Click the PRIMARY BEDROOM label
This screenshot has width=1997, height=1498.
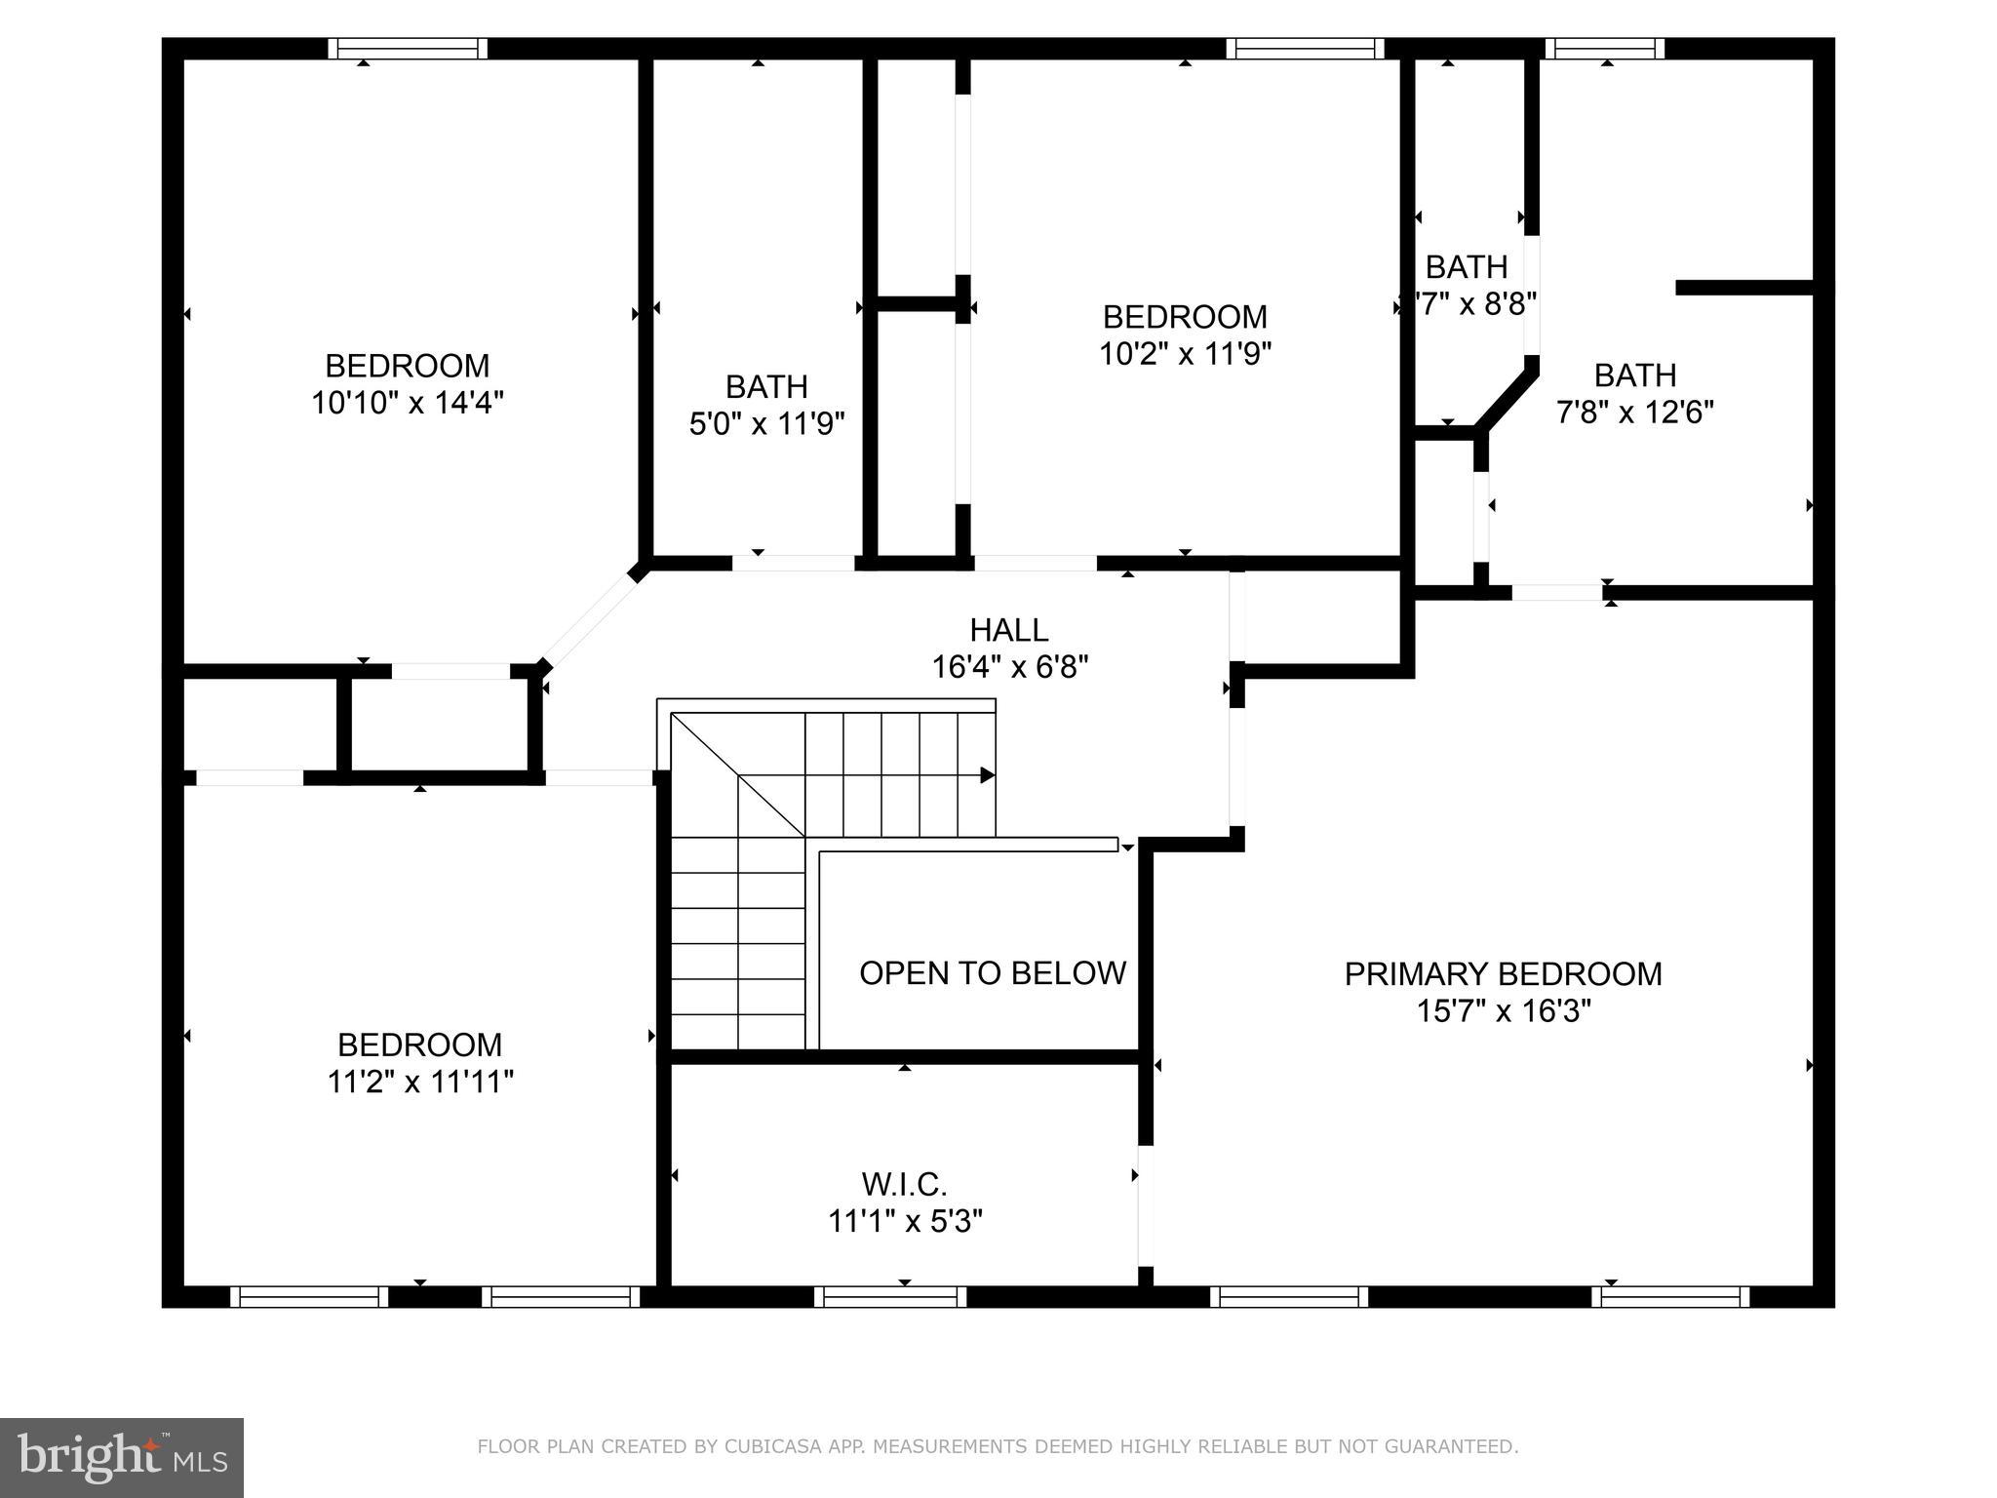click(1503, 974)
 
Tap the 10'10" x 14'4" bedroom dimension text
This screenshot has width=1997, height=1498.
click(407, 403)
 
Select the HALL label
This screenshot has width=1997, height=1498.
click(1008, 630)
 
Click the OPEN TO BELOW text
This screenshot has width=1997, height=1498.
click(992, 973)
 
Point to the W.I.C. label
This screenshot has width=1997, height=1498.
click(904, 1185)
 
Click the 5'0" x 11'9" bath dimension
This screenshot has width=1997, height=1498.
click(766, 424)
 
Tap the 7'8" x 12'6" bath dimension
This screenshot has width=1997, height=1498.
click(1634, 413)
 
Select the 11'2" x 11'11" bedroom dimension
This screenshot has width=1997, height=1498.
click(419, 1082)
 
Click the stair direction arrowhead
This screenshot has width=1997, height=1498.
click(987, 775)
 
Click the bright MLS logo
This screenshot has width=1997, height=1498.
click(121, 1458)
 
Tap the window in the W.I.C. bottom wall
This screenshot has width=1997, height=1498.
click(889, 1297)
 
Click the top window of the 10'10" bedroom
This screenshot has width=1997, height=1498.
click(407, 49)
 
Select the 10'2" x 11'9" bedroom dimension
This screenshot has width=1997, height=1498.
click(1185, 354)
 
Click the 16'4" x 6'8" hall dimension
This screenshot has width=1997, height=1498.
click(1009, 668)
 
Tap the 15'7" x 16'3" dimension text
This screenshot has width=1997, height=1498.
click(1503, 1011)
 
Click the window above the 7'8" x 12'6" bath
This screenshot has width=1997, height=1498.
click(1604, 49)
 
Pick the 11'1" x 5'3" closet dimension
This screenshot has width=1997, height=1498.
click(904, 1222)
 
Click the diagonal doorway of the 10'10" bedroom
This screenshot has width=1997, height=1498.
click(589, 619)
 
